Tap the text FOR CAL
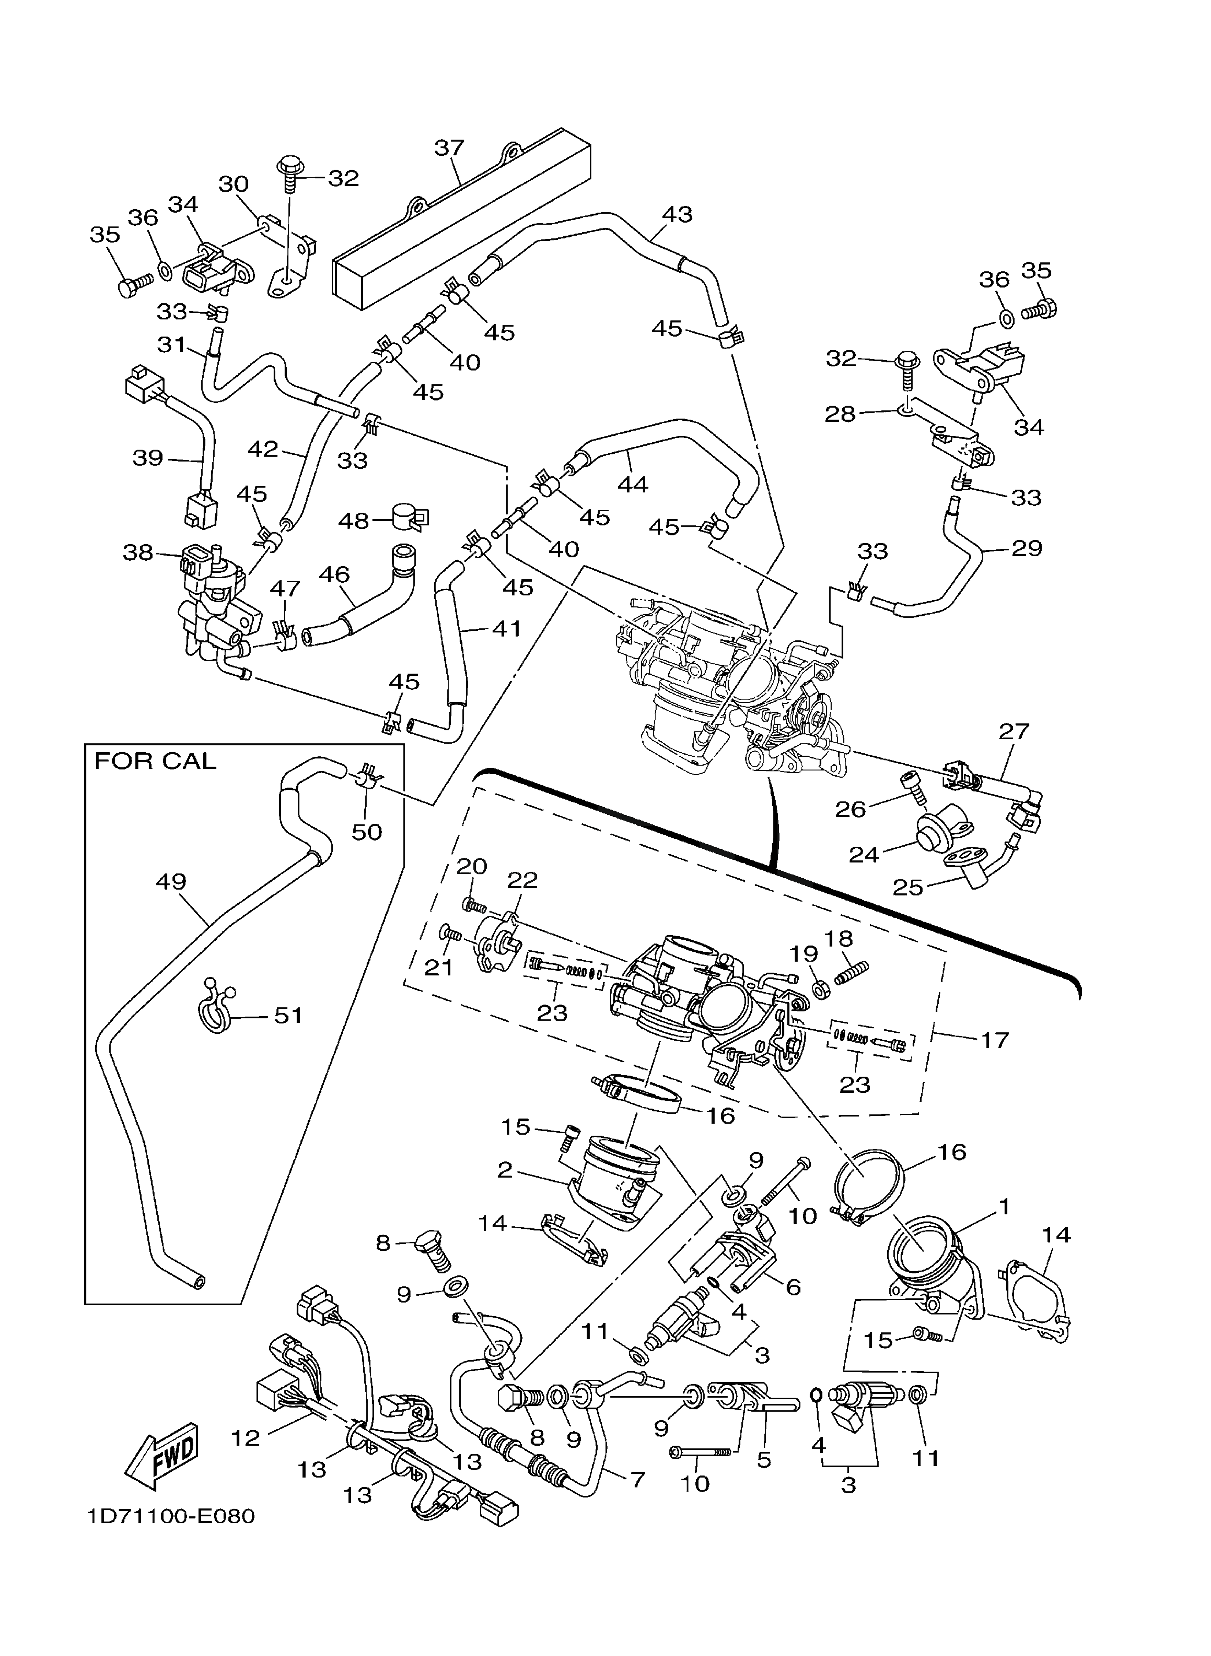point(155,761)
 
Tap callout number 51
point(288,1016)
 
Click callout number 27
point(1015,731)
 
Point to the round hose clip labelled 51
point(216,1011)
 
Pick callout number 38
point(138,552)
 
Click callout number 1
point(1004,1206)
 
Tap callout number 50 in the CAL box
point(367,832)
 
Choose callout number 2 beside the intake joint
point(504,1170)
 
